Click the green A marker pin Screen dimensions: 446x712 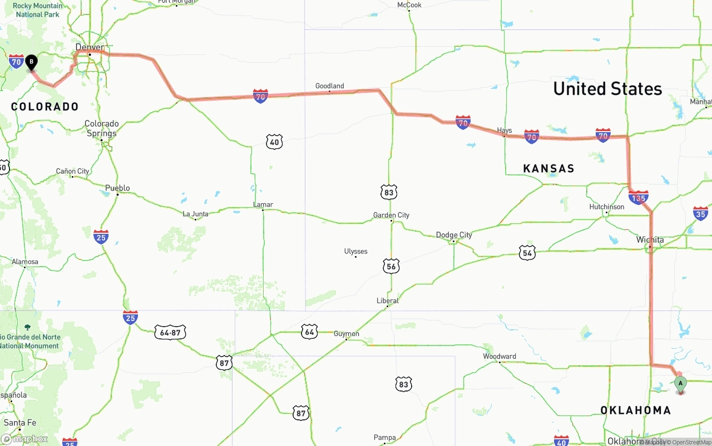680,384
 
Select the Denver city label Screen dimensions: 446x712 90,47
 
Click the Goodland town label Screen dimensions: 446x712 329,86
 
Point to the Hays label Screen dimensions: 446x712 504,131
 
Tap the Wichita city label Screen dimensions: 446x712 650,240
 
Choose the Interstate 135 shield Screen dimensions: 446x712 638,197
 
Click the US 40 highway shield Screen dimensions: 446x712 274,142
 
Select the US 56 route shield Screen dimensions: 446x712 391,267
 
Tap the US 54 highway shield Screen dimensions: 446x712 527,253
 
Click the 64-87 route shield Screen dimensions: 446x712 170,333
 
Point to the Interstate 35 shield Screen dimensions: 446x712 700,213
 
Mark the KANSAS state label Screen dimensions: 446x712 548,168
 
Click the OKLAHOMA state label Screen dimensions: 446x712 635,410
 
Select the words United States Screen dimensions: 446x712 607,89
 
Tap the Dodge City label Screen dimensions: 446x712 454,235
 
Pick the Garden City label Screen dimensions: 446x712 391,215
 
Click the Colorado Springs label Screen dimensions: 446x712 101,128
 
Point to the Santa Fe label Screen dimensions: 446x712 19,423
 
